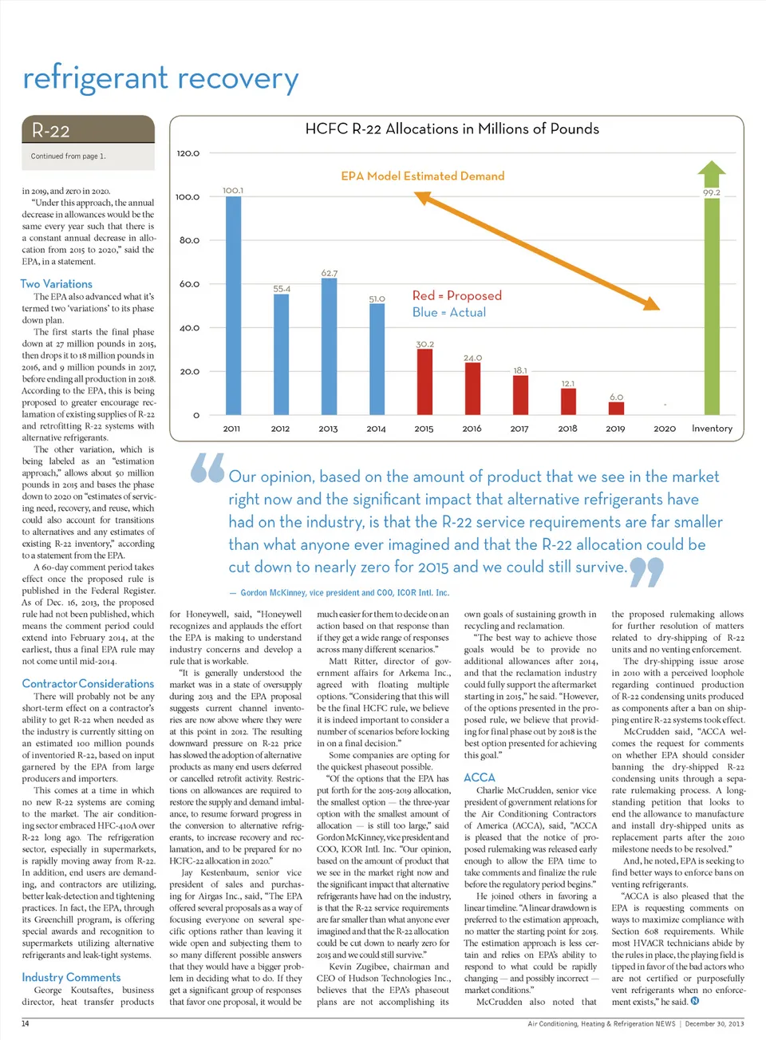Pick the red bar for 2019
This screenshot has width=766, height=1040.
(616, 408)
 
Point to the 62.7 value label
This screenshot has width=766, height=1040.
(329, 273)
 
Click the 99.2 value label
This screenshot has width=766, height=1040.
(711, 192)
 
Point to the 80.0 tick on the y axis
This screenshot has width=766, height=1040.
(189, 240)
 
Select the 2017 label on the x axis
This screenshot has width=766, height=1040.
(519, 429)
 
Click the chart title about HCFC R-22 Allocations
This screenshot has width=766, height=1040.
(452, 129)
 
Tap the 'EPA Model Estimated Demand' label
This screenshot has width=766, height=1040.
(422, 176)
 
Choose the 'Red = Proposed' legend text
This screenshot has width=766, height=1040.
(456, 295)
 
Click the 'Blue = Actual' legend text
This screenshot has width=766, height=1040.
(448, 312)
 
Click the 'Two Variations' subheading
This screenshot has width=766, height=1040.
(56, 283)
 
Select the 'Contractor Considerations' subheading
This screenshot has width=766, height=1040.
(88, 683)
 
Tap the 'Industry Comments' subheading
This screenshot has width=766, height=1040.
(71, 977)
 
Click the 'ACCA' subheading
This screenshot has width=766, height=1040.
(479, 777)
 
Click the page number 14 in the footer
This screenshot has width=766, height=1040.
(25, 1023)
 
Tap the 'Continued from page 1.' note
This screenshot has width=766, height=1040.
(68, 156)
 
